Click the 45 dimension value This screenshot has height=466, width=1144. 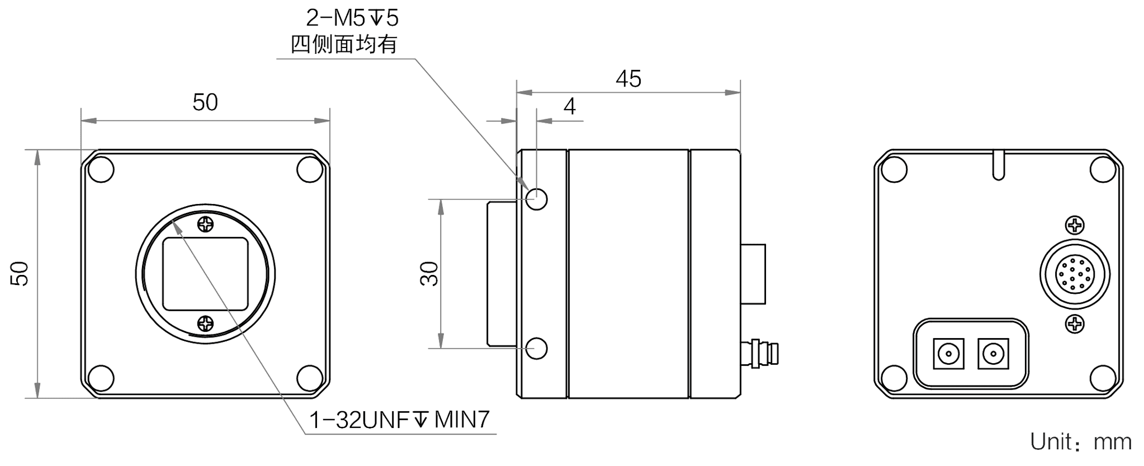coord(628,79)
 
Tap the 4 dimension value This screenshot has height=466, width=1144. coord(569,106)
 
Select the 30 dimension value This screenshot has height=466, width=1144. coord(429,273)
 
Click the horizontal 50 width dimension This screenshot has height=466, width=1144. coord(205,103)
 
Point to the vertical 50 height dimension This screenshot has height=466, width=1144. coord(20,273)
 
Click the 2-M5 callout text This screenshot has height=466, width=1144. coord(352,20)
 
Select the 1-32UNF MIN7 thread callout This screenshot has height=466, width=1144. coord(403,420)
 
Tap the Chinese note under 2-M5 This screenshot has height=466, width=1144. coord(344,45)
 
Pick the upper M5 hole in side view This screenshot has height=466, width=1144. coord(537,198)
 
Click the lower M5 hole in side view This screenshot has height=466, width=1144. coord(537,348)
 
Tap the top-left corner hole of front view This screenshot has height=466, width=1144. coord(101,170)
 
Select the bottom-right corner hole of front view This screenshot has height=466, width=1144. coord(309,377)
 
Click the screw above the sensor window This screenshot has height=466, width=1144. coord(206,225)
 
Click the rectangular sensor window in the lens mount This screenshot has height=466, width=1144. coord(206,273)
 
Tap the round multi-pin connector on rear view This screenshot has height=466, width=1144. coord(1075,274)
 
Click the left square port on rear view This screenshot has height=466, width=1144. coord(949,354)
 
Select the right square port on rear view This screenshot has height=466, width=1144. coord(992,354)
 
